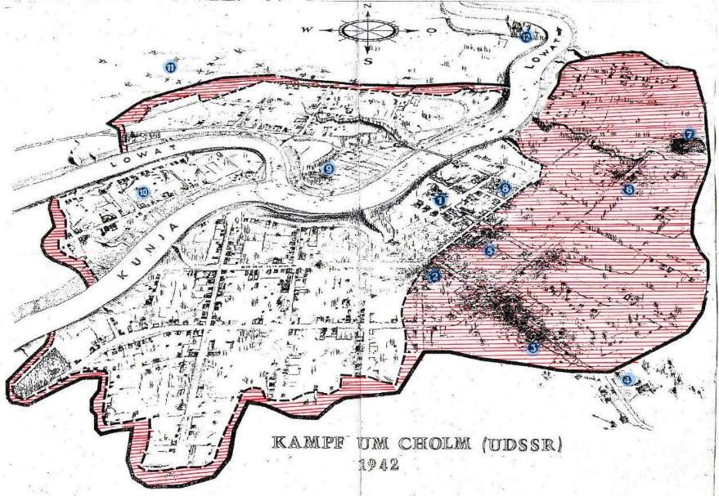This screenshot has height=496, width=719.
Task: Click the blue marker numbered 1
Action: click(x=440, y=199)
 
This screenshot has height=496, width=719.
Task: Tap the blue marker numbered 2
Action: click(x=435, y=276)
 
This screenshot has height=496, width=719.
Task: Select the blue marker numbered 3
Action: click(x=533, y=348)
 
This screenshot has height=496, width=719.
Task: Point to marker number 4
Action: click(x=627, y=378)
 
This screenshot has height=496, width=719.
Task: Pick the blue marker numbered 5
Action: click(x=489, y=251)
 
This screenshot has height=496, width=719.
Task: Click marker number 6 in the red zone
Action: click(x=628, y=190)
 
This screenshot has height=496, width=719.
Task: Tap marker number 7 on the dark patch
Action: click(x=690, y=134)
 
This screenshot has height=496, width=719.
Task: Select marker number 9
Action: click(x=329, y=168)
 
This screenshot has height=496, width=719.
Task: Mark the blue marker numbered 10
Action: click(x=142, y=193)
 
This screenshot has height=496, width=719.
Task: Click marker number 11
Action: click(x=169, y=67)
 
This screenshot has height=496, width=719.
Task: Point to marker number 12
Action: click(x=525, y=36)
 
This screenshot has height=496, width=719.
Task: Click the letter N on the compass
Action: click(x=368, y=8)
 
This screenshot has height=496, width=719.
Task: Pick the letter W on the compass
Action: click(x=309, y=30)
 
